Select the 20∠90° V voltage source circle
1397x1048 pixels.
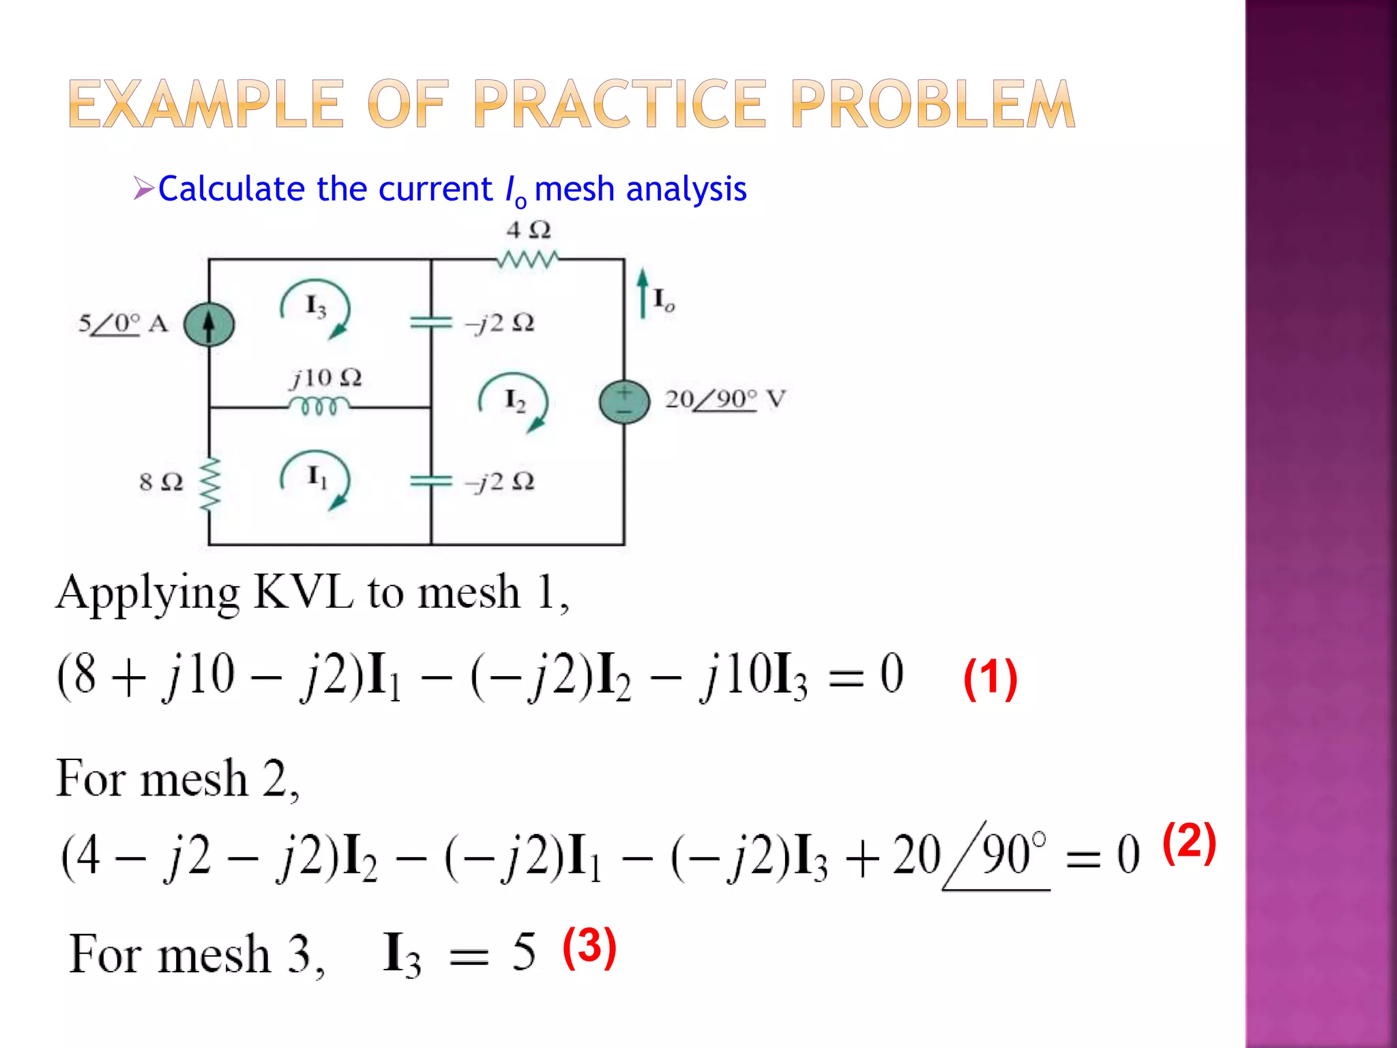click(624, 401)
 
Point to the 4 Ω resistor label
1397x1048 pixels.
click(528, 230)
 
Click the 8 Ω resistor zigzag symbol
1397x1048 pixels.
click(209, 483)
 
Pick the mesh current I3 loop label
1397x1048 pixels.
click(315, 307)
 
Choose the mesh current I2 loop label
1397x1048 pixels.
click(514, 401)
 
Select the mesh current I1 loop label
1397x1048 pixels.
click(317, 477)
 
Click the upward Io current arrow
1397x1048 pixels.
click(642, 293)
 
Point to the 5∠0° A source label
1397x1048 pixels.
click(123, 323)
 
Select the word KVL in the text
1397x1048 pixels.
click(303, 592)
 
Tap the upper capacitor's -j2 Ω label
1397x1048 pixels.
click(500, 323)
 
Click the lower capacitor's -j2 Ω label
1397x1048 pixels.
click(500, 482)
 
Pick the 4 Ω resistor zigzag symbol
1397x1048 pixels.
click(527, 259)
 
